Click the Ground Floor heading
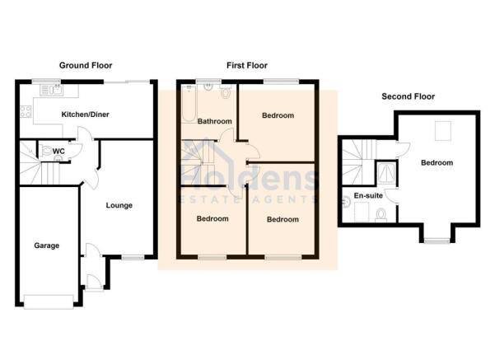(86, 65)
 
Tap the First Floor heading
(247, 65)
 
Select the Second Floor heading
(409, 96)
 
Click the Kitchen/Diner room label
(85, 115)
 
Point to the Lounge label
(119, 205)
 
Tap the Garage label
(47, 245)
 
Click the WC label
(58, 152)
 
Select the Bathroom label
(215, 121)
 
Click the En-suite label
(368, 195)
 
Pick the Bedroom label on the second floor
(437, 162)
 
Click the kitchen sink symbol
(51, 90)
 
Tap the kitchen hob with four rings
(26, 111)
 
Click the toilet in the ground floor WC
(46, 151)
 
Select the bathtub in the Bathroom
(189, 104)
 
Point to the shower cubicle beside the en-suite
(386, 173)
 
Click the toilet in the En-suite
(381, 215)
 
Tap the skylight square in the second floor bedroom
(443, 131)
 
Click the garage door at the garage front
(49, 302)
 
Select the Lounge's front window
(133, 258)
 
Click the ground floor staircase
(40, 163)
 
